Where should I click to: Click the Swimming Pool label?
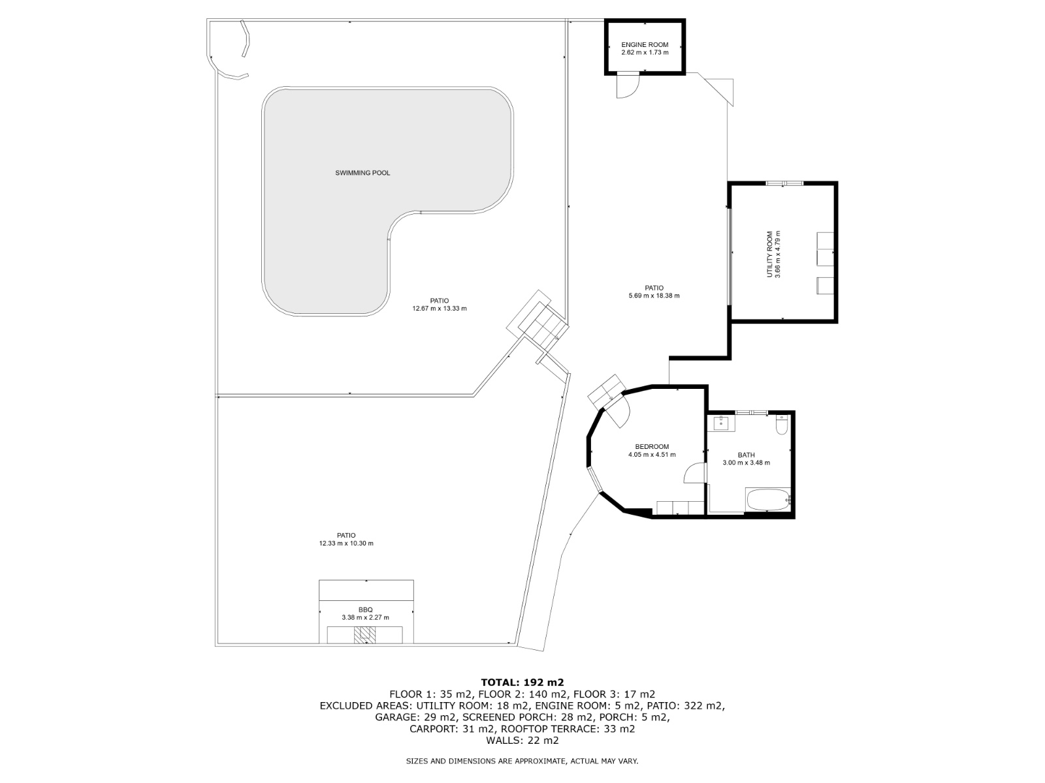[362, 173]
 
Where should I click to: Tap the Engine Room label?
[645, 45]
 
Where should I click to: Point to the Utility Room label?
[770, 254]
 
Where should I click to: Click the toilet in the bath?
[781, 426]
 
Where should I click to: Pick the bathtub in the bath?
[768, 500]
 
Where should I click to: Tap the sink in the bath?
[722, 423]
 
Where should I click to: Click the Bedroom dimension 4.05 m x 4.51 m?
[652, 455]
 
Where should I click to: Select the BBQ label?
[365, 609]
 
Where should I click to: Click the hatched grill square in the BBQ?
[365, 635]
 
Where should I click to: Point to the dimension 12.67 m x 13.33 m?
[440, 309]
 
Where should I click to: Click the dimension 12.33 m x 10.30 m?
[346, 543]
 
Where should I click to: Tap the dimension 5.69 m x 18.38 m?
[654, 296]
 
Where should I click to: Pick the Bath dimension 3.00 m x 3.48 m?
[746, 463]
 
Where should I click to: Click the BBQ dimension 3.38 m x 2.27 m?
[365, 617]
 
